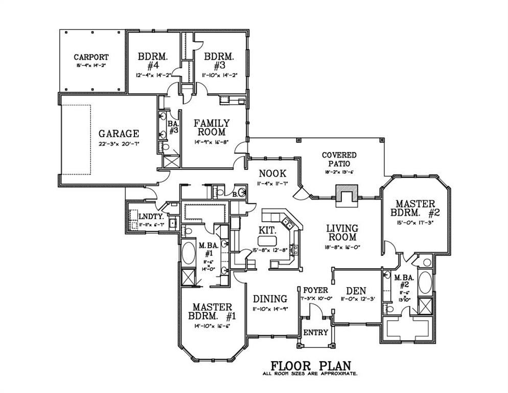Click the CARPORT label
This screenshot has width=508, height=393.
tap(90, 57)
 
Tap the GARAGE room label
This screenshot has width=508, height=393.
tap(119, 134)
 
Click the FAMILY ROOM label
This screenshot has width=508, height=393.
tap(211, 128)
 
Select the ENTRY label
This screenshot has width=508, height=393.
tap(315, 333)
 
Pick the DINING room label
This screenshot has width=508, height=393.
tap(270, 299)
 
